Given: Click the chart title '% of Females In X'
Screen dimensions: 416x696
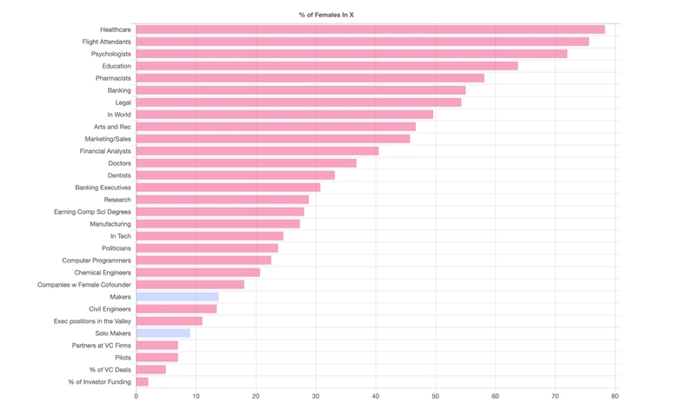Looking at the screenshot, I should point(326,15).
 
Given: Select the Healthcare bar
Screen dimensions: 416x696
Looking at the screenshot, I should point(370,30).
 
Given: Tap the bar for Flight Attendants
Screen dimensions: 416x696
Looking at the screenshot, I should point(362,42).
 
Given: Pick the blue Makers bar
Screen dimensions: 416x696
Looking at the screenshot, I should point(177,297).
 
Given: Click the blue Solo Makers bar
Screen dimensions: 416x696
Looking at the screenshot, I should point(163,333).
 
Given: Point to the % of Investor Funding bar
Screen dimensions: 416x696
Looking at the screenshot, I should point(142,382).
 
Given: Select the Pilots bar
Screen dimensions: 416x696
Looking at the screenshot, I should point(157,358).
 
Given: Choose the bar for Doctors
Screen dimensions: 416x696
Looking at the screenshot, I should point(246,163).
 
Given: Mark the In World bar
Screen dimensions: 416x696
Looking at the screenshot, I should point(284,115).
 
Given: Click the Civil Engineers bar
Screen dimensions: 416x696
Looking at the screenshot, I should point(176,309).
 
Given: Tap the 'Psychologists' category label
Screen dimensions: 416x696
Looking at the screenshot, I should point(111,54).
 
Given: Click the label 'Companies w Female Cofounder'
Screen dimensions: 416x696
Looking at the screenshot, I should point(84,285).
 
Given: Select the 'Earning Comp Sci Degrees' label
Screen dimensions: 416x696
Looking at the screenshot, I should point(92,212).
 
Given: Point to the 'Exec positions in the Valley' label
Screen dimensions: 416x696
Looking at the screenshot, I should point(92,321).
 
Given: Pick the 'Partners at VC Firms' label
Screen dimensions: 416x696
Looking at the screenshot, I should point(102,346).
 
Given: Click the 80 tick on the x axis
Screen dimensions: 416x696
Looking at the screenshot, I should point(615,396).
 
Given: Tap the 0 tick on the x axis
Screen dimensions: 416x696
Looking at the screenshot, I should point(136,396).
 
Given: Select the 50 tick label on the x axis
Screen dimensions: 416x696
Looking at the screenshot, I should point(435,396).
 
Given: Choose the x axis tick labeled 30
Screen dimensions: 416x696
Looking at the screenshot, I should point(316,396).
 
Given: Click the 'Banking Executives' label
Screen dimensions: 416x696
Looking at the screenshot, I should point(103,188).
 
